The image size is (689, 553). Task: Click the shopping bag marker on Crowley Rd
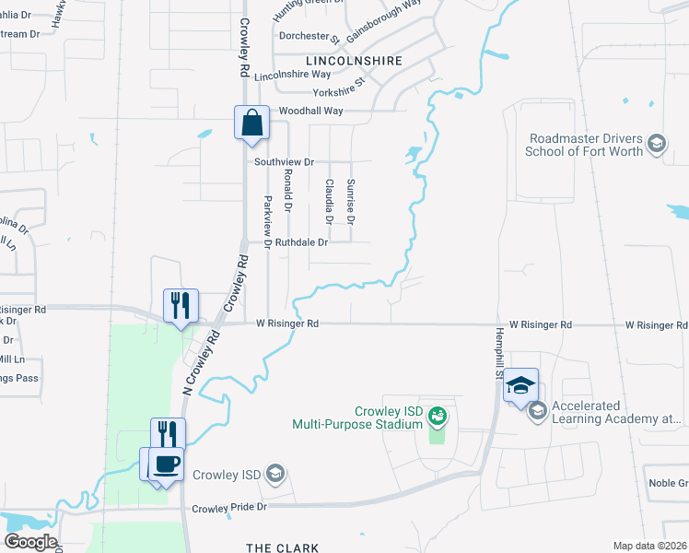pyautogui.click(x=251, y=123)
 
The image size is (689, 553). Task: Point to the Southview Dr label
pyautogui.click(x=284, y=161)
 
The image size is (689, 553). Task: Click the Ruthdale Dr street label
pyautogui.click(x=301, y=243)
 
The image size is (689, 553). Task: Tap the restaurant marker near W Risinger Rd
pyautogui.click(x=181, y=305)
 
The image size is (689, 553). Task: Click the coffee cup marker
pyautogui.click(x=166, y=464)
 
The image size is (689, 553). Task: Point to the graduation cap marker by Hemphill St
pyautogui.click(x=520, y=386)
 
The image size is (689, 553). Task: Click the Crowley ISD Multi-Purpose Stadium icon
pyautogui.click(x=437, y=418)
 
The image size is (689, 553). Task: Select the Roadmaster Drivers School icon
pyautogui.click(x=656, y=144)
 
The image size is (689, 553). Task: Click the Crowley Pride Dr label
pyautogui.click(x=228, y=508)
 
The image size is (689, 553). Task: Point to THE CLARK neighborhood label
pyautogui.click(x=282, y=547)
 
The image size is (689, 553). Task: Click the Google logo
pyautogui.click(x=29, y=542)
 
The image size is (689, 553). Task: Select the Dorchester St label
pyautogui.click(x=309, y=37)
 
